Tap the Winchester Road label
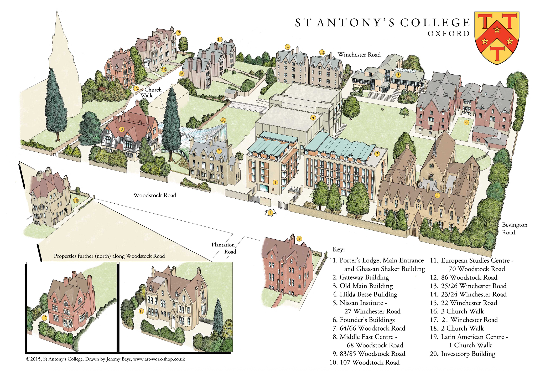point(359,55)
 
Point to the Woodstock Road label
point(154,195)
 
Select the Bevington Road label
point(514,228)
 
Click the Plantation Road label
point(224,248)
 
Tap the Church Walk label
point(151,92)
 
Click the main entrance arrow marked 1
point(270,213)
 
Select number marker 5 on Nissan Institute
point(398,75)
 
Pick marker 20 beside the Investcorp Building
point(223,120)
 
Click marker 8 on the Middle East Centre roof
point(121,129)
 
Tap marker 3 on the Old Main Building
point(437,195)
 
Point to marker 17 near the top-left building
point(178,33)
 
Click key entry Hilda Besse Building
point(365,294)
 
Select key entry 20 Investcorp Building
point(462,354)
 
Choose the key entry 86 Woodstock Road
point(464,277)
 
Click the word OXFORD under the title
point(449,34)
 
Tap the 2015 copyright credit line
point(106,359)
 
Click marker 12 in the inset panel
point(44,318)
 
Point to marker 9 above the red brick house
point(299,239)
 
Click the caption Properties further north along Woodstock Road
point(109,256)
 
